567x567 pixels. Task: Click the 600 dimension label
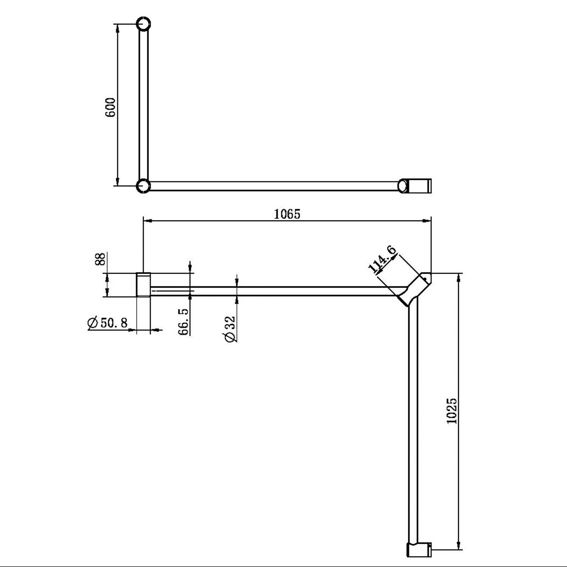pyautogui.click(x=110, y=107)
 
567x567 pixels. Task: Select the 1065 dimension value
pyautogui.click(x=287, y=214)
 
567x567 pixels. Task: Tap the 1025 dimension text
pyautogui.click(x=452, y=411)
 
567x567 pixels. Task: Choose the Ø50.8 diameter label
pyautogui.click(x=108, y=323)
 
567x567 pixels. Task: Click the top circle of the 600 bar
pyautogui.click(x=144, y=24)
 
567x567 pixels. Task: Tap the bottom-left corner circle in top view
pyautogui.click(x=143, y=186)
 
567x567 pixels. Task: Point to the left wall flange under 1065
pyautogui.click(x=143, y=285)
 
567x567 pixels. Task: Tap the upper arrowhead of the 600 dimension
pyautogui.click(x=118, y=28)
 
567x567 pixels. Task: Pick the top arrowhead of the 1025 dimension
pyautogui.click(x=459, y=277)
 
